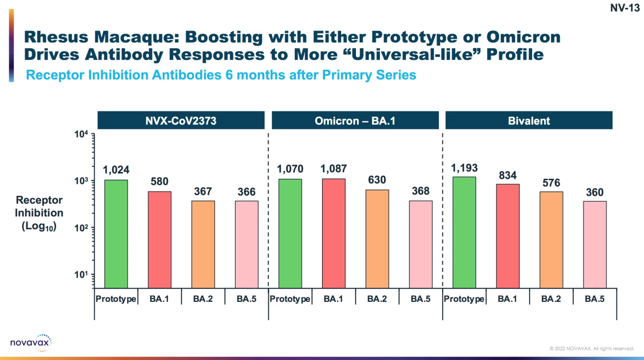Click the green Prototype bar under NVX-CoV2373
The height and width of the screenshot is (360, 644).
116,234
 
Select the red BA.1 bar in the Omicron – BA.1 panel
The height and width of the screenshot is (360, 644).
333,233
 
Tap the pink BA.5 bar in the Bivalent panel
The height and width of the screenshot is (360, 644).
595,245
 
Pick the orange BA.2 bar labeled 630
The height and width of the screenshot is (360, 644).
377,239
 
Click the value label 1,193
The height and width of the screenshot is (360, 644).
465,168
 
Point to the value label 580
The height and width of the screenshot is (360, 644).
159,182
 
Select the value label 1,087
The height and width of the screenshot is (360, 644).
333,169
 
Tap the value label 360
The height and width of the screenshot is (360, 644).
595,192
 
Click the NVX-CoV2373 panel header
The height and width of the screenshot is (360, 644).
181,121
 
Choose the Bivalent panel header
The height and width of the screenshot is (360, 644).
529,121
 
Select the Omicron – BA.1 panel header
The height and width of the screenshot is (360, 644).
355,121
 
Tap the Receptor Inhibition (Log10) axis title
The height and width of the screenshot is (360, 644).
39,213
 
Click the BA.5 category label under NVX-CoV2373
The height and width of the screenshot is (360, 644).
246,299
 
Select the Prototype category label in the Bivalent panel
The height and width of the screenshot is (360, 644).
464,299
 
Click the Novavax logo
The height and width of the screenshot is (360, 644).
31,343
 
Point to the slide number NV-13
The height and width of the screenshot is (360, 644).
625,8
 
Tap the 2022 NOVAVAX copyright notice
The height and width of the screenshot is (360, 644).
592,348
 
